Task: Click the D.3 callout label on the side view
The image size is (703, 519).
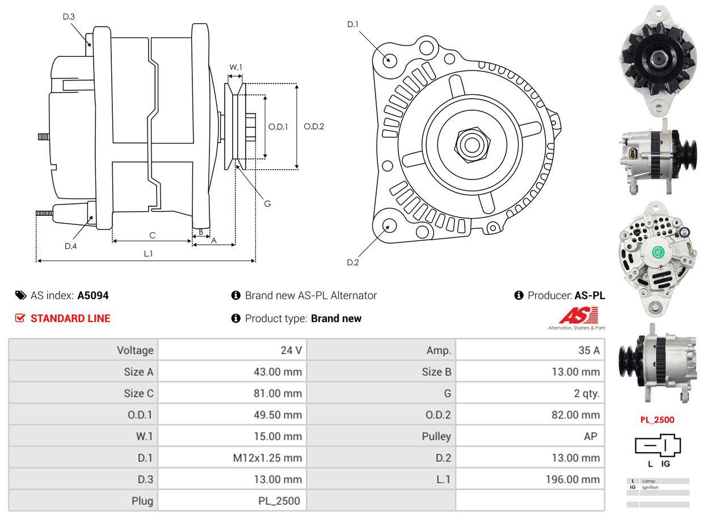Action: click(69, 16)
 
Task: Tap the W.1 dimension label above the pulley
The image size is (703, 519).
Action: click(235, 67)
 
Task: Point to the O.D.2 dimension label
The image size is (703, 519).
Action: click(314, 127)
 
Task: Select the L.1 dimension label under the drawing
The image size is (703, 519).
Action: click(148, 254)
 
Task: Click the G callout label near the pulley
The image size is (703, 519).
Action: click(267, 203)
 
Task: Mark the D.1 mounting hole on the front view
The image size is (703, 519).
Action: click(389, 59)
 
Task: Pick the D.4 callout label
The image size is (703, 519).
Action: click(70, 246)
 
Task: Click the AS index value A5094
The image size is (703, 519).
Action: click(93, 295)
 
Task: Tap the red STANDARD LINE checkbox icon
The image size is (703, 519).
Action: click(20, 318)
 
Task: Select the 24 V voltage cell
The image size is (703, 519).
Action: click(291, 350)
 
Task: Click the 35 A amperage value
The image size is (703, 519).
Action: click(588, 350)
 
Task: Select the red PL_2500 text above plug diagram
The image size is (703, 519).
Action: click(657, 420)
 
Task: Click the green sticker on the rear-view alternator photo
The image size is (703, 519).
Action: click(658, 253)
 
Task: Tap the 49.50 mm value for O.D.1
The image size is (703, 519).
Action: click(277, 415)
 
